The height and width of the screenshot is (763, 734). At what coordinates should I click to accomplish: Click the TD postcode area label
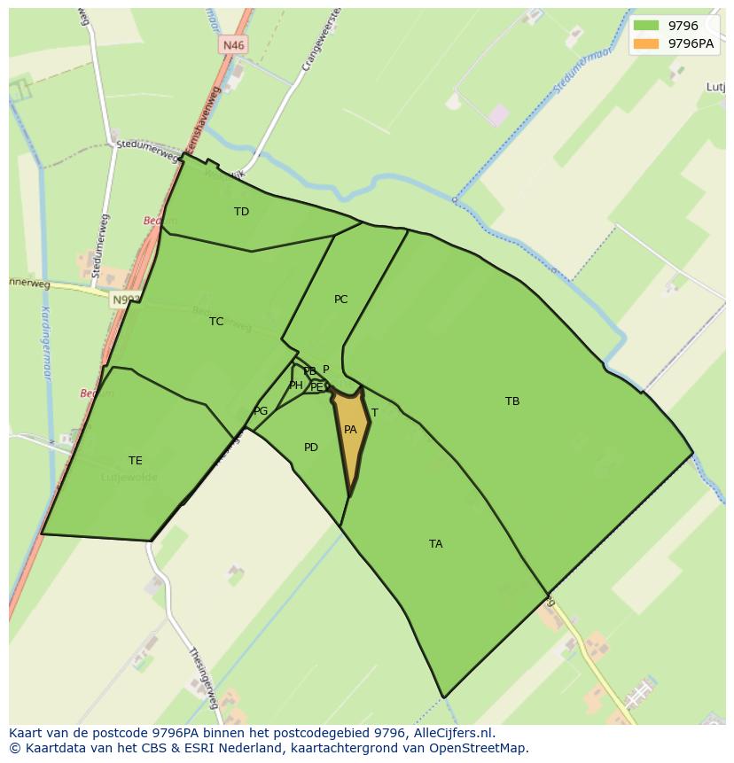[x=241, y=212]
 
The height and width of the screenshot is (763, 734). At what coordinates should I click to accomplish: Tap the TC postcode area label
[x=216, y=322]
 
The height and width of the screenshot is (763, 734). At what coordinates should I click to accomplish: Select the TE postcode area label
[x=135, y=461]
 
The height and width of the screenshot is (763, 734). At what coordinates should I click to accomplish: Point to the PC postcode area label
[x=340, y=300]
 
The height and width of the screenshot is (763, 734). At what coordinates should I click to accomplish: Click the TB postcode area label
[x=512, y=401]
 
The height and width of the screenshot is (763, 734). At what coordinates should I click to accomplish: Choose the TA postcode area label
[x=435, y=544]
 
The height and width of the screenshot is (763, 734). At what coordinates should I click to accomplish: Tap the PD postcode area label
[x=310, y=448]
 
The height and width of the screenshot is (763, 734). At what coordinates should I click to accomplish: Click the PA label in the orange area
[x=350, y=430]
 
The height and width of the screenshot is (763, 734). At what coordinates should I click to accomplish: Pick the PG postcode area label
[x=261, y=411]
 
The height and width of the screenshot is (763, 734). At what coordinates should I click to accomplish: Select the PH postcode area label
[x=295, y=385]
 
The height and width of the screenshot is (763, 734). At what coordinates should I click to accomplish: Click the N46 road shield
[x=233, y=45]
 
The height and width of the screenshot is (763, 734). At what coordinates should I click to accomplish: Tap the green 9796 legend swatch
[x=646, y=26]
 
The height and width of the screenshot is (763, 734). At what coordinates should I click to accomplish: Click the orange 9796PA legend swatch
[x=646, y=43]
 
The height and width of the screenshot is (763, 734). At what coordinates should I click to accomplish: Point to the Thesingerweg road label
[x=202, y=679]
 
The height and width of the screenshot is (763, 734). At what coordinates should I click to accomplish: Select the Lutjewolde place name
[x=129, y=478]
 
